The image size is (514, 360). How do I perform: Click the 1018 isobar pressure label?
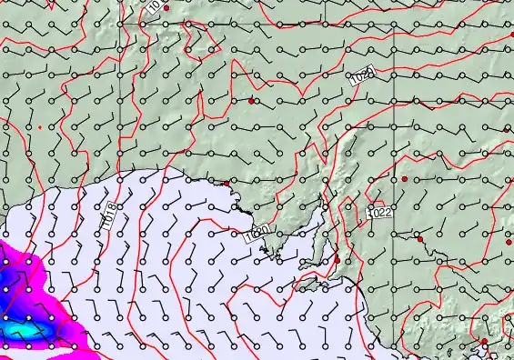tap(108, 215)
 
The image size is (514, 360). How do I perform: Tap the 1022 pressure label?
tap(380, 212)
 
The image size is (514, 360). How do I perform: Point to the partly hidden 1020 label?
tap(256, 234)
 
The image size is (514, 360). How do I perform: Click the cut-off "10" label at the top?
tap(154, 6)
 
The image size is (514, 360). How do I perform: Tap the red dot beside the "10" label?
tap(166, 7)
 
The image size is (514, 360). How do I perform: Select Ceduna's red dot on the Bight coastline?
tap(227, 184)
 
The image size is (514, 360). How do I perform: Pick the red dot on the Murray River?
tap(419, 239)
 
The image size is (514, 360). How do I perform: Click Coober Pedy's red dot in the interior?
tap(251, 101)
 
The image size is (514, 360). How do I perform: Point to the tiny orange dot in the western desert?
tap(39, 126)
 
